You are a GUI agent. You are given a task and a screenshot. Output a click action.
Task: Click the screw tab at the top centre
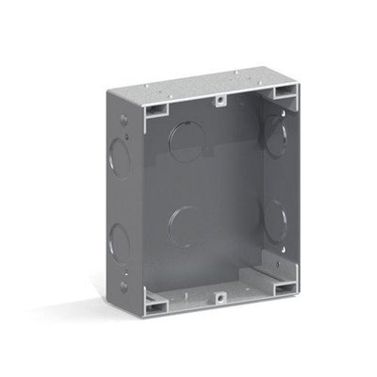click(x=219, y=96)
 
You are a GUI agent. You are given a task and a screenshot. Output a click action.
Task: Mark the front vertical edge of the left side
click(x=144, y=207)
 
